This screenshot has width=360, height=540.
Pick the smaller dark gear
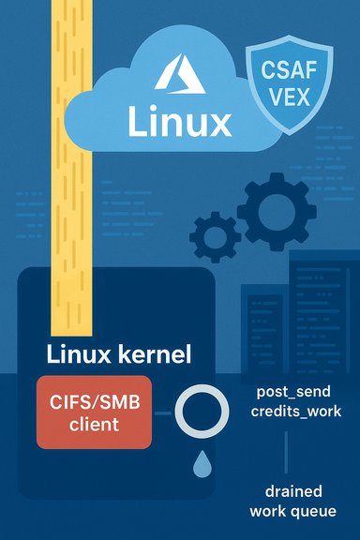click(215, 233)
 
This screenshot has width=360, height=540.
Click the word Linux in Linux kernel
click(81, 356)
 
